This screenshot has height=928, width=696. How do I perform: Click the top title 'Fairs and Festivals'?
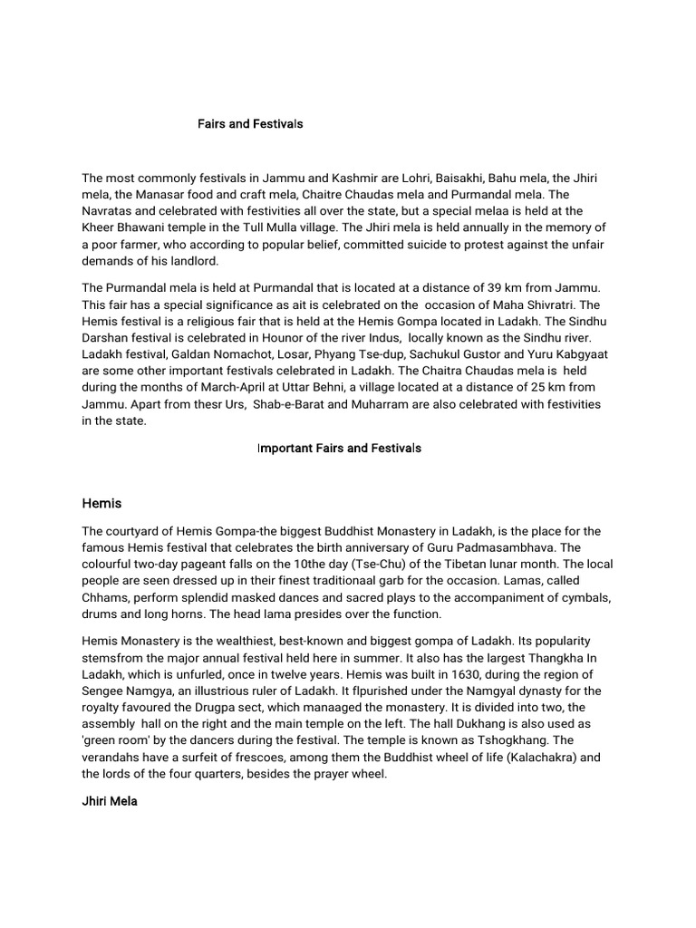click(x=250, y=123)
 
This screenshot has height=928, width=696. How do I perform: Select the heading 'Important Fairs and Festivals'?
click(x=339, y=449)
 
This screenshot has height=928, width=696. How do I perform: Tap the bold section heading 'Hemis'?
click(x=101, y=503)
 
